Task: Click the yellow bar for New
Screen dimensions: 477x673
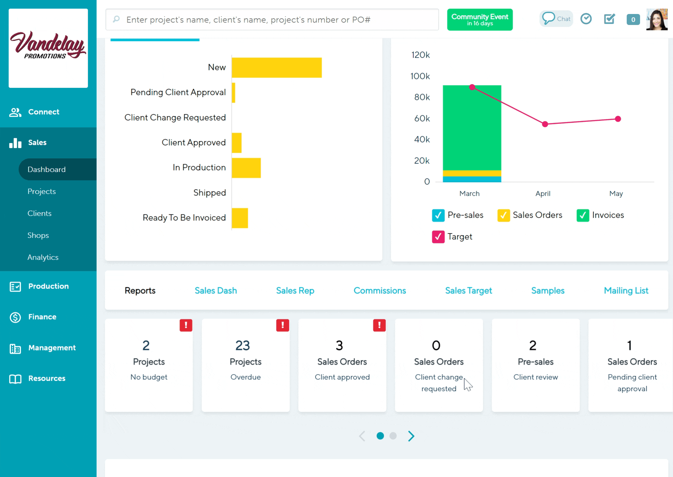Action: pos(276,68)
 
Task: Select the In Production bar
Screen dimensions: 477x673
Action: pos(246,168)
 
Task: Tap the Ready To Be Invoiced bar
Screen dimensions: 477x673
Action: pos(240,218)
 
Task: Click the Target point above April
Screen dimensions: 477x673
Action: pos(545,124)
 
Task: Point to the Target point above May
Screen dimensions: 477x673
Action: pos(618,119)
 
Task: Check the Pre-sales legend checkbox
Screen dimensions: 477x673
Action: pos(438,215)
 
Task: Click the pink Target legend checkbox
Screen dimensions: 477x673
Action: pos(438,237)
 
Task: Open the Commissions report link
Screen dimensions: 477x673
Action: pos(379,291)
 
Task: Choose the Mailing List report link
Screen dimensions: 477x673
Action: pos(626,291)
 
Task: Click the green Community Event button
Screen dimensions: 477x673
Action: pos(479,20)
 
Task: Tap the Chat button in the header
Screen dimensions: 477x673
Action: pos(556,19)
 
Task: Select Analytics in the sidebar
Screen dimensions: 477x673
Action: pos(43,257)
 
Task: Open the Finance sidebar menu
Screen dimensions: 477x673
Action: pos(42,317)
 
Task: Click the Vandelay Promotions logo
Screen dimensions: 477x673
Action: pos(48,48)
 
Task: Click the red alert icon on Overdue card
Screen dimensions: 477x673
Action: pos(282,325)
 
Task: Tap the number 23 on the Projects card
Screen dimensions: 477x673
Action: pos(242,346)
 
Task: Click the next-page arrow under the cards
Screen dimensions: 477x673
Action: pos(411,436)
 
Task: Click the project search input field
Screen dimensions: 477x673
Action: pos(272,20)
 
